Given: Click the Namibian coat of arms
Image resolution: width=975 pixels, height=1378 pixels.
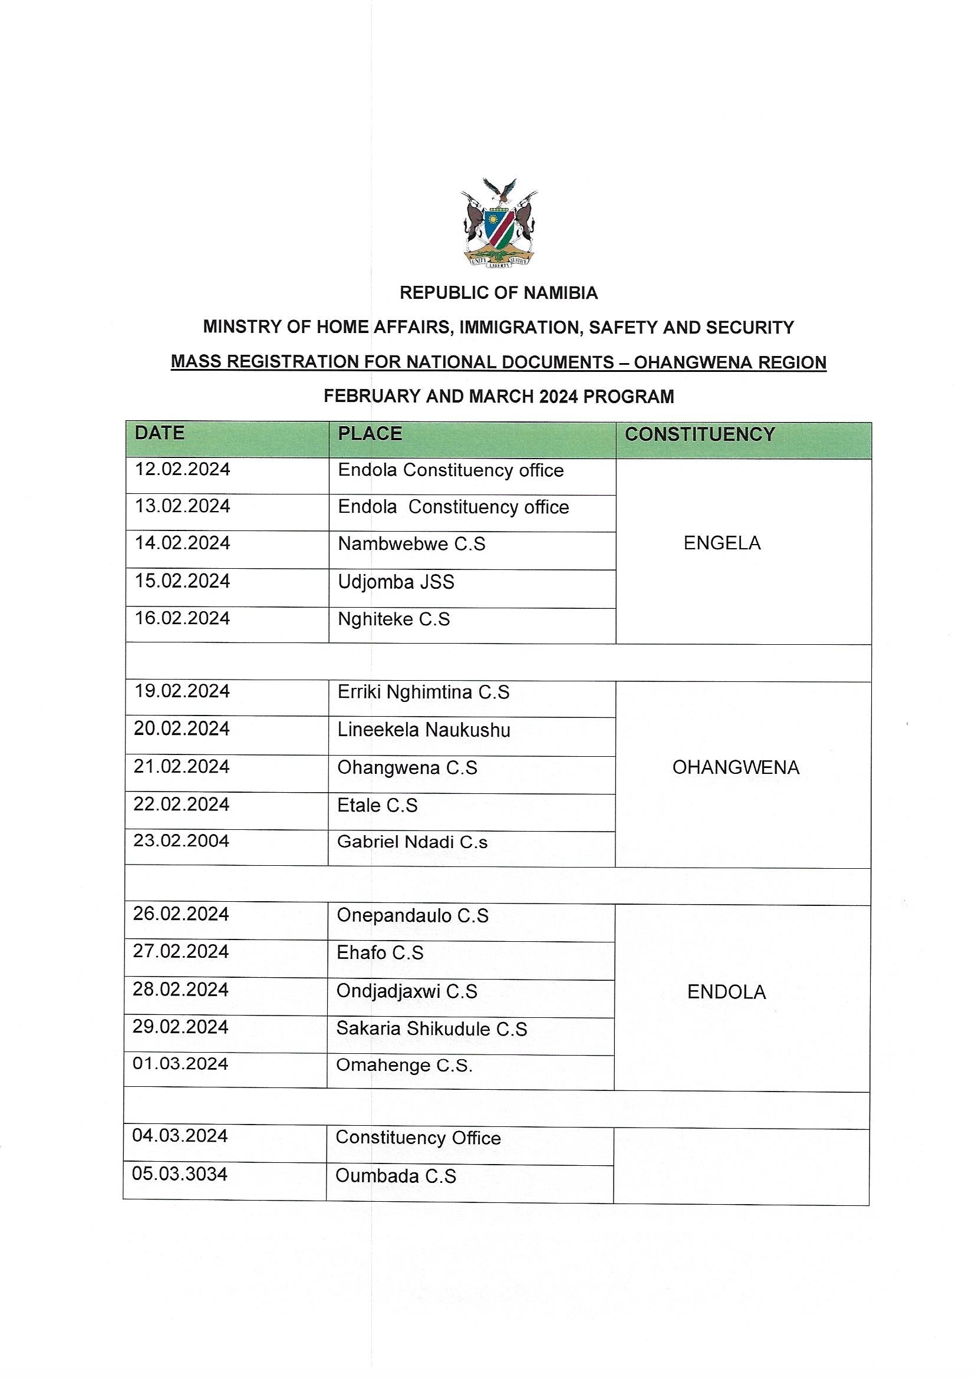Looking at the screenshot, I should pyautogui.click(x=499, y=222).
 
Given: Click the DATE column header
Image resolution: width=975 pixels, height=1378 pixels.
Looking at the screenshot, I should pyautogui.click(x=159, y=433).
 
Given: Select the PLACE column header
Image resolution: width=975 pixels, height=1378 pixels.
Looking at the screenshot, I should pyautogui.click(x=370, y=433).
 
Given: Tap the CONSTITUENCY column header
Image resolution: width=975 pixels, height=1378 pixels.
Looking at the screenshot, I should pyautogui.click(x=700, y=434).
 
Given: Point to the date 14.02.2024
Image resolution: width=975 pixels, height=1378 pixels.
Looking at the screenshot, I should pyautogui.click(x=182, y=543).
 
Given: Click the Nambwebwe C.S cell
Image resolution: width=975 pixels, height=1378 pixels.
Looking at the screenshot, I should pyautogui.click(x=411, y=545).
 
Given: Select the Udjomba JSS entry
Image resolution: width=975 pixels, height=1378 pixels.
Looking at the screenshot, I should pyautogui.click(x=396, y=582).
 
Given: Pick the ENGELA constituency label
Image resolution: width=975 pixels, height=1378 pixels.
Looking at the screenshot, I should pyautogui.click(x=722, y=543).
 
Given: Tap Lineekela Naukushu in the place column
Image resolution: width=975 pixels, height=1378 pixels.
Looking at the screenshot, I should pyautogui.click(x=423, y=730).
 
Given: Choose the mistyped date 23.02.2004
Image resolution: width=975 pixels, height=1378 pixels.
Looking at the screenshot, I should pyautogui.click(x=182, y=840).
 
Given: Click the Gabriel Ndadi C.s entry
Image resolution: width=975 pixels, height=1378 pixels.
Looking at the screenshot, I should pyautogui.click(x=412, y=842).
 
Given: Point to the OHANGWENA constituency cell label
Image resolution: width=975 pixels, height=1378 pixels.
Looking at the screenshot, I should pyautogui.click(x=736, y=767).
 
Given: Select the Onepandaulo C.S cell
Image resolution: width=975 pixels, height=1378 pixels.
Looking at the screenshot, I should pyautogui.click(x=413, y=915).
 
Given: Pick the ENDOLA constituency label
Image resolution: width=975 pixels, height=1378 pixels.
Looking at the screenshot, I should pyautogui.click(x=726, y=992).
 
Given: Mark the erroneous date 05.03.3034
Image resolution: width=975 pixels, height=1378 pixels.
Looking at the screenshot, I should pyautogui.click(x=180, y=1174).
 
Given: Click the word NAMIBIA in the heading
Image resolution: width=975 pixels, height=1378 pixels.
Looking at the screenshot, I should pyautogui.click(x=561, y=293).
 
